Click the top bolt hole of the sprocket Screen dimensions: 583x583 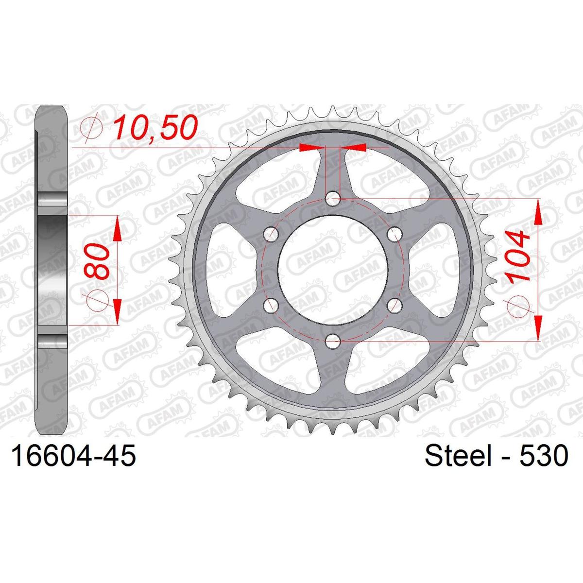333,197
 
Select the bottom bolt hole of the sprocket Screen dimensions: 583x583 333,342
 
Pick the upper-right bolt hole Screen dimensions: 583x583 395,234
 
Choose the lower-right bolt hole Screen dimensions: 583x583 395,306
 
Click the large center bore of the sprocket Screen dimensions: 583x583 333,270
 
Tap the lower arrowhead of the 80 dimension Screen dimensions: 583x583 117,311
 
